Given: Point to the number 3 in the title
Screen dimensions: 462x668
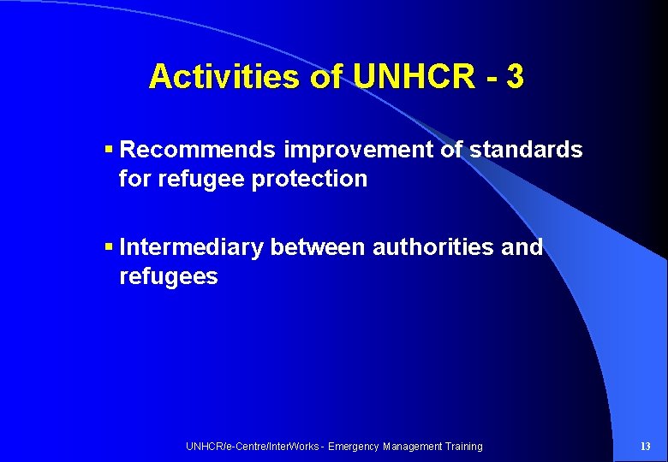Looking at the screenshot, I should [x=515, y=77].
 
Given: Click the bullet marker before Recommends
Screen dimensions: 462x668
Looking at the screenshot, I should [x=109, y=151].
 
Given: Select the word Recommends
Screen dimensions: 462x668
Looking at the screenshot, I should [x=199, y=151].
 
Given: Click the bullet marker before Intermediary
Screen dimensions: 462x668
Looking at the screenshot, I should [x=109, y=248].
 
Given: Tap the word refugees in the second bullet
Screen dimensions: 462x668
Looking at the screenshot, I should [x=169, y=277].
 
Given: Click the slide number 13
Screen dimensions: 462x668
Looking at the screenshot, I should [x=646, y=447].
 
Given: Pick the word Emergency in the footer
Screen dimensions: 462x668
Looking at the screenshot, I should [x=354, y=447].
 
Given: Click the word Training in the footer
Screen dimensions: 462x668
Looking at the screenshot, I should [x=463, y=447].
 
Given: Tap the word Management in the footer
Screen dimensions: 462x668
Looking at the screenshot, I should [x=412, y=447].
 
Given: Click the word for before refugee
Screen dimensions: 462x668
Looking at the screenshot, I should [x=134, y=180].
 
